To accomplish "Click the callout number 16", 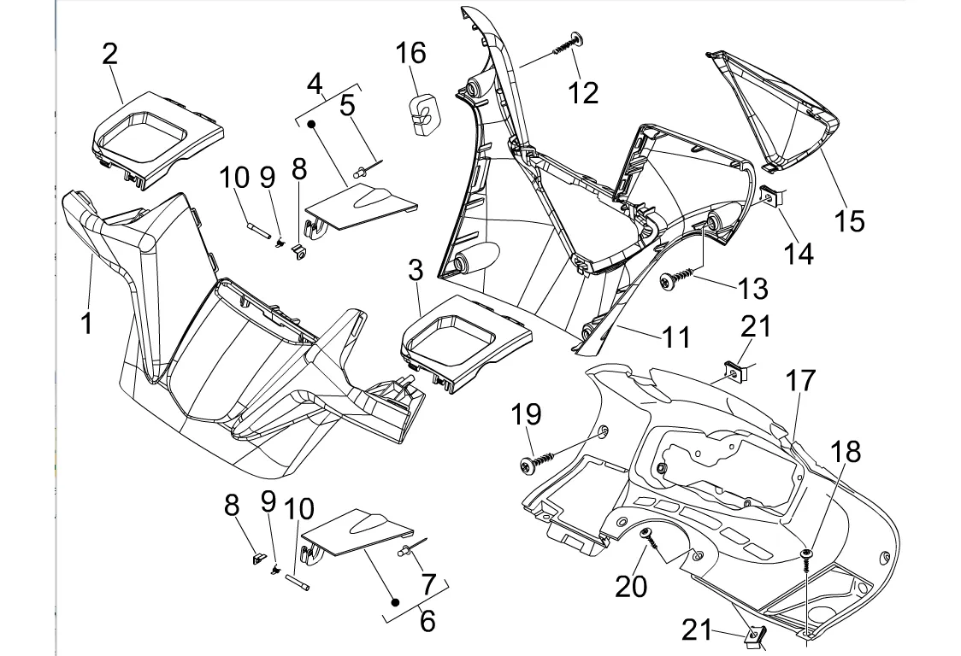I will click(x=410, y=53).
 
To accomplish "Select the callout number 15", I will click(x=850, y=220).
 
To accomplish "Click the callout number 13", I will click(x=753, y=289).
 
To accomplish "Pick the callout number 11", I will click(x=676, y=337).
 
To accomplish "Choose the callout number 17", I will click(x=801, y=381).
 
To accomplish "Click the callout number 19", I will click(x=527, y=414).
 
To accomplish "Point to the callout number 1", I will click(x=86, y=324).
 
